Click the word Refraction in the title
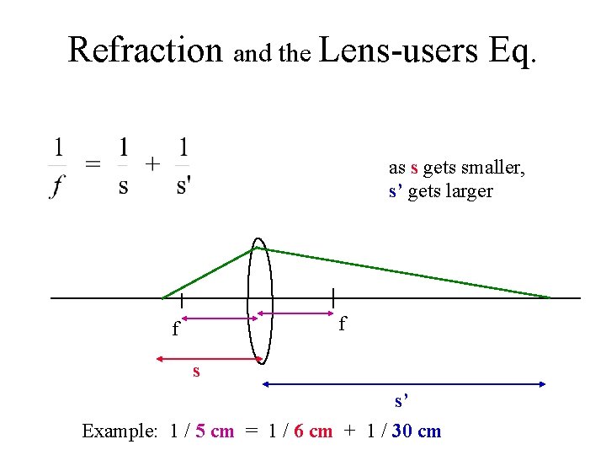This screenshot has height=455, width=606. [144, 49]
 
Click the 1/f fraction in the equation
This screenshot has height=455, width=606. [58, 167]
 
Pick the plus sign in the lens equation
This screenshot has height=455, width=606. [152, 163]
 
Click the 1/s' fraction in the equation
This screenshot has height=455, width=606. [183, 167]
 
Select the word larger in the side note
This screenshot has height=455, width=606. [468, 191]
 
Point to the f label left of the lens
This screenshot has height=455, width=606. [175, 329]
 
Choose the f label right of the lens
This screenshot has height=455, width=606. [342, 324]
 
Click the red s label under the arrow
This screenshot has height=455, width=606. [196, 370]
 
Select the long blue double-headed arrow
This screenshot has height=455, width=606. [405, 384]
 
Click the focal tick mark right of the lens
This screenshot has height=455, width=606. [334, 298]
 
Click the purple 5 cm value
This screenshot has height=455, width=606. [215, 431]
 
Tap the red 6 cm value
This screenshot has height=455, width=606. [313, 431]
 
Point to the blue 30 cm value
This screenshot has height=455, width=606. [417, 431]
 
